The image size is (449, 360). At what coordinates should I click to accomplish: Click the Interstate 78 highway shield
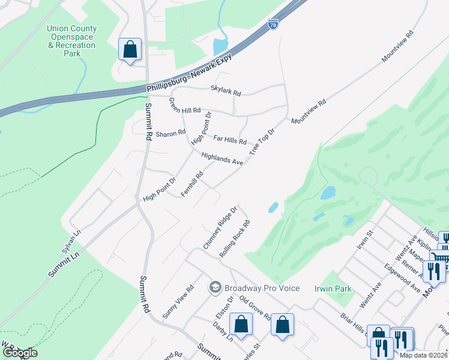click(273, 25)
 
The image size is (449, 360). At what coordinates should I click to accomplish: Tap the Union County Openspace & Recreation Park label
click(72, 41)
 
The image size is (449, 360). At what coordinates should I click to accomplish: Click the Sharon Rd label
click(170, 134)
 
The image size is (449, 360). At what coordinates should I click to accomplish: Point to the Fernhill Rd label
click(193, 184)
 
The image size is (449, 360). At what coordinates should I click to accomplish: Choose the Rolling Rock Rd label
click(234, 239)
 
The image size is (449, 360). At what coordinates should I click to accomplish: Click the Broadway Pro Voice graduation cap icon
click(214, 288)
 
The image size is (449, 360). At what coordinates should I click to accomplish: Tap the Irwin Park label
click(333, 289)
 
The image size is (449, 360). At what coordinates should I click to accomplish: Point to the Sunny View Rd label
click(178, 301)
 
